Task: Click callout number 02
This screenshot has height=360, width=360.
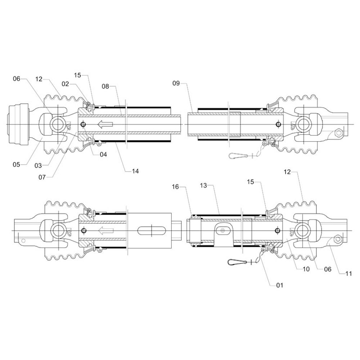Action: (x=65, y=84)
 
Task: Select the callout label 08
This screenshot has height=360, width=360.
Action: (x=105, y=86)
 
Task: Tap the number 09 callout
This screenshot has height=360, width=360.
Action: (x=176, y=84)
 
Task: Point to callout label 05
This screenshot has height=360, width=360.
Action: (x=17, y=165)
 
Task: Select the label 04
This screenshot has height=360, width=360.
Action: (x=103, y=155)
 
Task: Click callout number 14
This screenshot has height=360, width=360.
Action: (x=135, y=171)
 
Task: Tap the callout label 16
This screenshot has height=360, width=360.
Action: (x=175, y=187)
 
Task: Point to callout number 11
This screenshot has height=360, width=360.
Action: (x=348, y=274)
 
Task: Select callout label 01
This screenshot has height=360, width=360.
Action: (x=279, y=285)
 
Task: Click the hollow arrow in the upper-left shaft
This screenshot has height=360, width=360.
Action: (x=105, y=124)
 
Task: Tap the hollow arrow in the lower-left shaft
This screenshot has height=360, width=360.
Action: (x=105, y=230)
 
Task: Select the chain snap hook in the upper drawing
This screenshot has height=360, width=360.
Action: (x=239, y=156)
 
